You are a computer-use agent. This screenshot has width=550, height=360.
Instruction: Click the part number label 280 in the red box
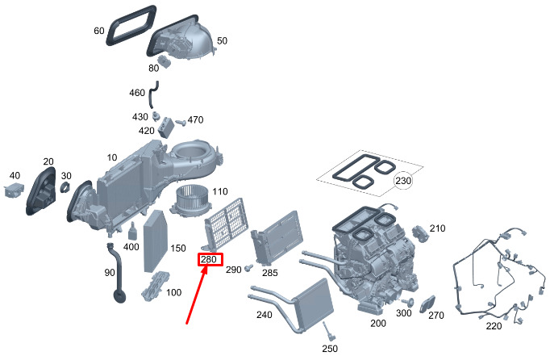[209, 260]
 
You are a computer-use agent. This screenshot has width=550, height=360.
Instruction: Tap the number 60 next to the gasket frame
[99, 31]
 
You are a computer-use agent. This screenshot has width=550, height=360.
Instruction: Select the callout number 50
[222, 40]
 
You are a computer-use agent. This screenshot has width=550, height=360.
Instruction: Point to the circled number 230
[402, 182]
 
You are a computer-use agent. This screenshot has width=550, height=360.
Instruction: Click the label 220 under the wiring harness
[493, 326]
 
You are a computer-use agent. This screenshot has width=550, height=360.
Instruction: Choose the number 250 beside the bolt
[329, 349]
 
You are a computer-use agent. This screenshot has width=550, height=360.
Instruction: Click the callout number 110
[220, 192]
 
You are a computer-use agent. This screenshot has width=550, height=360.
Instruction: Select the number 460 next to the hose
[137, 93]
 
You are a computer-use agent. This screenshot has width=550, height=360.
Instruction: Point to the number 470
[196, 120]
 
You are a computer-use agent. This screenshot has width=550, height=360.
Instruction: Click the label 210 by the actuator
[437, 228]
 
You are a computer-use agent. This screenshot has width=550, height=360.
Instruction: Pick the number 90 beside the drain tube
[109, 273]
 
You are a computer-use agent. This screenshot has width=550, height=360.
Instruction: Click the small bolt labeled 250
[327, 331]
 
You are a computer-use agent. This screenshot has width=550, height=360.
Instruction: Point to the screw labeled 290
[250, 267]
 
